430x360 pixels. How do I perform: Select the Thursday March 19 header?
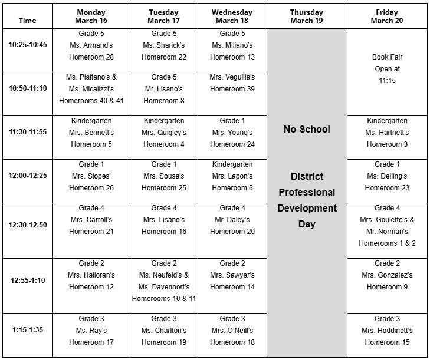coord(307,16)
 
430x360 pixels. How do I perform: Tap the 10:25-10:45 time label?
coord(28,45)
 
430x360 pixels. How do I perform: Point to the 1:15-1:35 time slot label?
coord(28,330)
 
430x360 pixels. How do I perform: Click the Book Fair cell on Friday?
coord(387,69)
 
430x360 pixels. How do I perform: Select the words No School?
coord(307,129)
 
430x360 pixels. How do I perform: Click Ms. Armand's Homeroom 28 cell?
coord(91,45)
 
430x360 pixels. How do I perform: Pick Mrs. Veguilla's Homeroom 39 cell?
coord(232,82)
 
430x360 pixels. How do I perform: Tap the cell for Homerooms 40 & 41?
coord(91,88)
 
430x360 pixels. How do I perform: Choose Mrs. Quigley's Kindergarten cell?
coord(163,133)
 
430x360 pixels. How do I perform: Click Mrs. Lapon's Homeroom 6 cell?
coord(232,176)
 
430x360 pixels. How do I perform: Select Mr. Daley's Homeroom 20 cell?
coord(232,220)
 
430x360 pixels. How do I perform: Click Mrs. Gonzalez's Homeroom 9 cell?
coord(387,275)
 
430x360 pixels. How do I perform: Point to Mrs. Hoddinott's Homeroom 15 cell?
coord(387,331)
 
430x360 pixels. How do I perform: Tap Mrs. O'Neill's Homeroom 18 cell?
coord(232,331)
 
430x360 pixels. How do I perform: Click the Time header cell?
coord(28,20)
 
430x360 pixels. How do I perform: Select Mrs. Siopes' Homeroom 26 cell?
coord(91,176)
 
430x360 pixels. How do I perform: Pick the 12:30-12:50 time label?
coord(28,225)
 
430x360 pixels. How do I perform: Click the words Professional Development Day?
coord(307,200)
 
